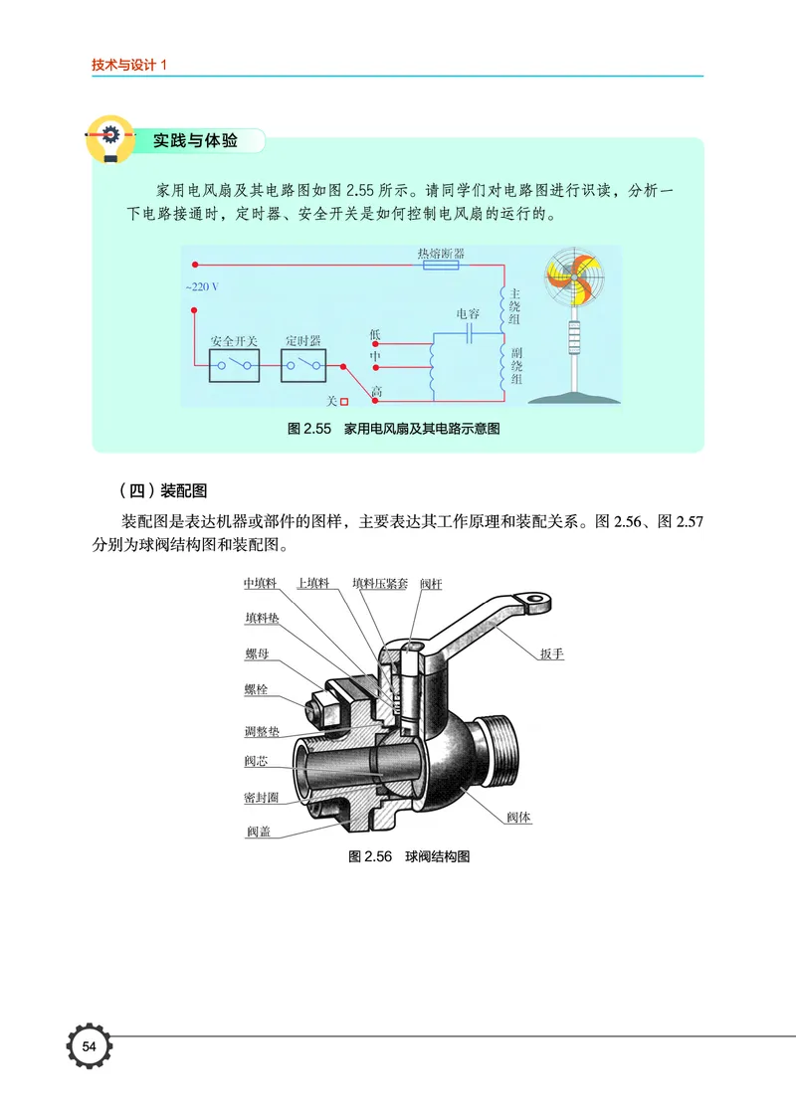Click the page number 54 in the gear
coord(89,1046)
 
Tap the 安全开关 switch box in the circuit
coord(234,366)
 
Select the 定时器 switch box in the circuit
coord(301,366)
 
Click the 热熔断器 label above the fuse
coord(441,254)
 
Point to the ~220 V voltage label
coord(201,286)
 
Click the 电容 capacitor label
coord(468,313)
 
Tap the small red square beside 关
coord(345,402)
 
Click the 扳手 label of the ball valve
coord(552,654)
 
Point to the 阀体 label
coord(518,818)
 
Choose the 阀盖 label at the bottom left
coord(259,832)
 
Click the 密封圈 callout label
coord(262,798)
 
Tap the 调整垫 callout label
coord(262,731)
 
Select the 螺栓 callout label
coord(256,689)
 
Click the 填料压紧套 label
coord(380,584)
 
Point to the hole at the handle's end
coord(538,600)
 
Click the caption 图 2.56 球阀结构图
coord(409,856)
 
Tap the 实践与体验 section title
coord(195,141)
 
